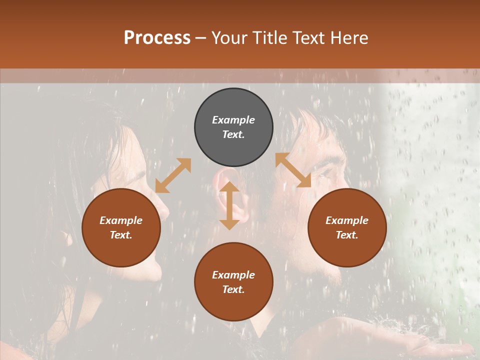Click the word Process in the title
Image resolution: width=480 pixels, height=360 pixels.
[x=157, y=38]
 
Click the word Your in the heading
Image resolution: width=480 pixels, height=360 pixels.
[x=230, y=38]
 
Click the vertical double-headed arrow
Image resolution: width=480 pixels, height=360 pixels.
[x=229, y=205]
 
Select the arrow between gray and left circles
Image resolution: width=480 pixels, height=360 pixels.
[x=173, y=175]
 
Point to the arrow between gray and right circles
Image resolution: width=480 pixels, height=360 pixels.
[x=293, y=170]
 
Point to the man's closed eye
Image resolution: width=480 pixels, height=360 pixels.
[x=327, y=172]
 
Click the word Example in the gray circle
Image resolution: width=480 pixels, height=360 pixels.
[x=233, y=120]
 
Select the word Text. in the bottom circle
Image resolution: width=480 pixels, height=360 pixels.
[x=233, y=289]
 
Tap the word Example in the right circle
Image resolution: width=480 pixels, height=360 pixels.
[x=347, y=220]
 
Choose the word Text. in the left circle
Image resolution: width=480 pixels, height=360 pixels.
[x=121, y=235]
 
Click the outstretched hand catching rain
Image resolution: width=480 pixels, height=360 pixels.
[x=440, y=345]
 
